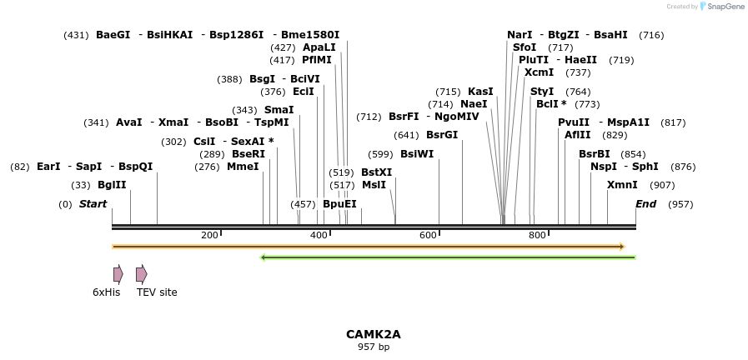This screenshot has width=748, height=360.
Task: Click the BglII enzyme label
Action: pyautogui.click(x=112, y=185)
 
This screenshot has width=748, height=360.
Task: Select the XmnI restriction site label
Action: pyautogui.click(x=622, y=185)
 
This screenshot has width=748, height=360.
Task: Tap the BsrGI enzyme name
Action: pyautogui.click(x=442, y=135)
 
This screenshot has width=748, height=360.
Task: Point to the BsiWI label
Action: pyautogui.click(x=417, y=154)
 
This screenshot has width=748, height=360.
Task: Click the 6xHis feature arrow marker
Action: pyautogui.click(x=118, y=274)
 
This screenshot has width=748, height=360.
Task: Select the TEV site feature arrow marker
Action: pyautogui.click(x=142, y=274)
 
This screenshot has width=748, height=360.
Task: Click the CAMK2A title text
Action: pyautogui.click(x=374, y=334)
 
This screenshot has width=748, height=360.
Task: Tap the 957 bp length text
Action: pyautogui.click(x=374, y=347)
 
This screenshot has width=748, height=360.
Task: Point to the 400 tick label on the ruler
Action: pyautogui.click(x=319, y=236)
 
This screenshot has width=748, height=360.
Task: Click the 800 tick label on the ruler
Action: pyautogui.click(x=538, y=236)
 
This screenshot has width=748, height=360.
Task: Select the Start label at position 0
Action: pyautogui.click(x=93, y=204)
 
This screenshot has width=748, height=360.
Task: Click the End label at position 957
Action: pyautogui.click(x=645, y=204)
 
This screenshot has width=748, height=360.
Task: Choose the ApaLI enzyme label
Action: pyautogui.click(x=319, y=47)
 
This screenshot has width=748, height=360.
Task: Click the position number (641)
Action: pyautogui.click(x=406, y=135)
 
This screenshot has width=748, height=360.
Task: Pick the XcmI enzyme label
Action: pyautogui.click(x=540, y=72)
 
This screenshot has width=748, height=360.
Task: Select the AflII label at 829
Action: pyautogui.click(x=577, y=135)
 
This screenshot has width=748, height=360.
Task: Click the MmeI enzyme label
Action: pyautogui.click(x=243, y=167)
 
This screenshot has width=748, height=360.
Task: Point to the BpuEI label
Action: pyautogui.click(x=339, y=204)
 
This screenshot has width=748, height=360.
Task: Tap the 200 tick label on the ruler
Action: pyautogui.click(x=209, y=236)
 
